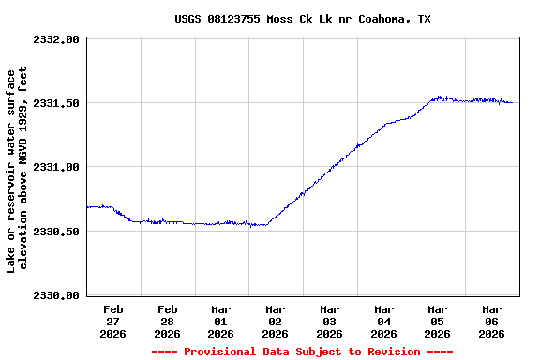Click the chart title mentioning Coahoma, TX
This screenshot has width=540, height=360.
coord(303,19)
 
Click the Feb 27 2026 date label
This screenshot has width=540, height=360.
coord(113,321)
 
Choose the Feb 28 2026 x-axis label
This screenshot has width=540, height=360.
coord(168,321)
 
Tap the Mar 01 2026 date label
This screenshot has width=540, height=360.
coord(221,321)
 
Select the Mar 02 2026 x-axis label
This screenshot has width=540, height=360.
coord(276,321)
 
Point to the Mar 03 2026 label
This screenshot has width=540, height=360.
coord(329,321)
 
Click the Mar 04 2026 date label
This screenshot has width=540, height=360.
coord(383,321)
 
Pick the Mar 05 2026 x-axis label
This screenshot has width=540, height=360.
coord(437,321)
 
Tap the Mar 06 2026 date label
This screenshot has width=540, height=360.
coord(491,321)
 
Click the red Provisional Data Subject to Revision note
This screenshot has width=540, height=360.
coord(302,352)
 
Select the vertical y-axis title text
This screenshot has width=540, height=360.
coord(19,171)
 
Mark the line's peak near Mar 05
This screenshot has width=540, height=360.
coord(439,96)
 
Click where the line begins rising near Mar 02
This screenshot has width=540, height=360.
coord(267,224)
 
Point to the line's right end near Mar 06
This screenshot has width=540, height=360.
coord(512,102)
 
